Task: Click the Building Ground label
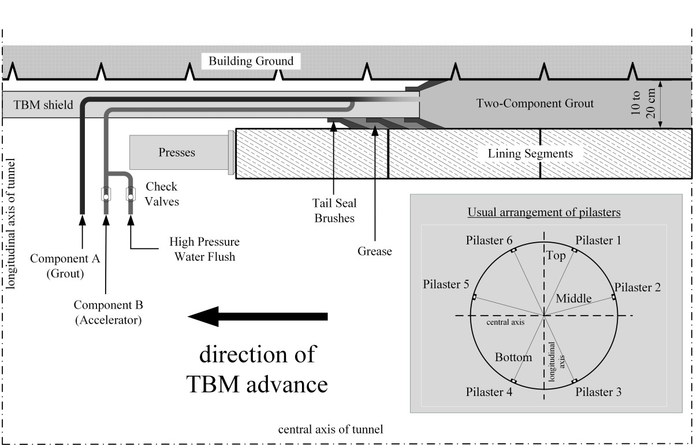[251, 61]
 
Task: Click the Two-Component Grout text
[535, 104]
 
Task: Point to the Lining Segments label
[530, 154]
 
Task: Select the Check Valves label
[161, 194]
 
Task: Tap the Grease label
[375, 251]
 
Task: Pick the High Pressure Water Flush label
[204, 249]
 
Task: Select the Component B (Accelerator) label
[108, 311]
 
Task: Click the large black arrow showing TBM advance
[258, 316]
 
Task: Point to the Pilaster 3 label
[598, 392]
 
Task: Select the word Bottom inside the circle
[513, 357]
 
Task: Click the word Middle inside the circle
[573, 298]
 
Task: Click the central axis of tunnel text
[330, 430]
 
